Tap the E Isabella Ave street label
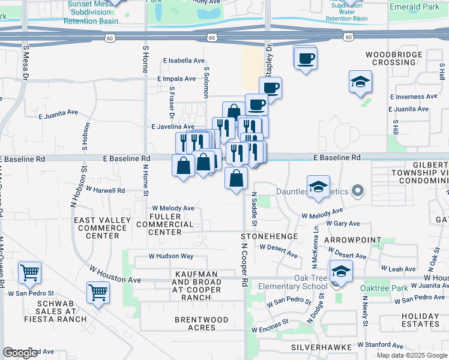tap(184, 61)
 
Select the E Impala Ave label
tap(177, 79)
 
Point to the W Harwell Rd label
tap(105, 190)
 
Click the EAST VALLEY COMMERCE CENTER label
tap(102, 228)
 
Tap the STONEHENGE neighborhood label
tap(270, 236)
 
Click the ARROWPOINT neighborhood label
tap(352, 240)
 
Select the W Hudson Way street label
tap(172, 256)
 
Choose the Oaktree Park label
tap(384, 289)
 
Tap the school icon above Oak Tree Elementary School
tap(341, 272)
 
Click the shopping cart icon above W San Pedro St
tap(29, 273)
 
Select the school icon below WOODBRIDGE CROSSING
tap(360, 82)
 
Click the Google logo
tap(20, 353)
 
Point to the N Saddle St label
tap(255, 209)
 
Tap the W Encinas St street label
tap(270, 329)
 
